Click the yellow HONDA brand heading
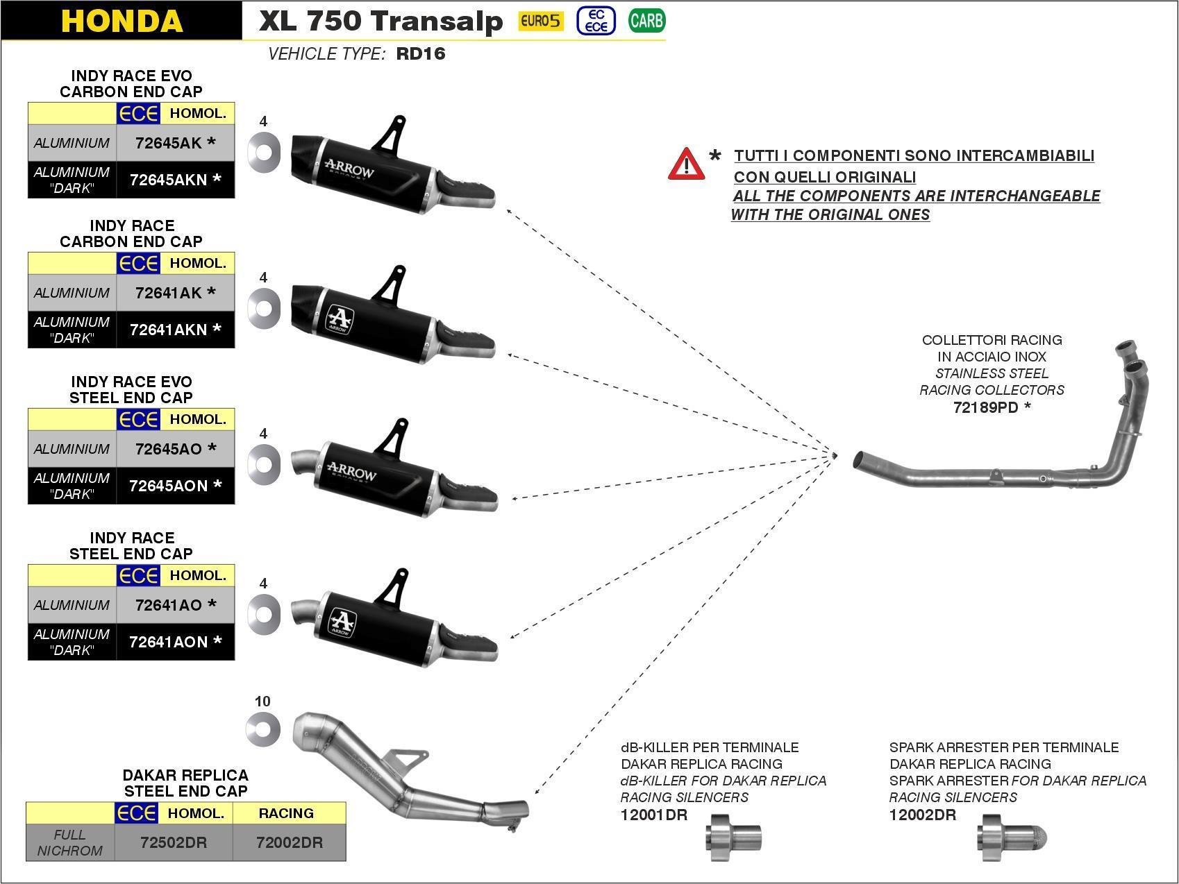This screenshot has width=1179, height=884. (122, 21)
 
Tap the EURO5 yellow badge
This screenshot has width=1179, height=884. (541, 21)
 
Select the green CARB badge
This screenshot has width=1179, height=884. (646, 21)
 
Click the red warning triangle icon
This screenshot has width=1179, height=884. (686, 164)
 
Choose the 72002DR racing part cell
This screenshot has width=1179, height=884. (289, 842)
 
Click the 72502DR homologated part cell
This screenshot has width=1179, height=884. (174, 842)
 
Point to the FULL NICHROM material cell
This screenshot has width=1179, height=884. (69, 842)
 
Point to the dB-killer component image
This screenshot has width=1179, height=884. (734, 838)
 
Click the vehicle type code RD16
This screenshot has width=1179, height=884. (420, 54)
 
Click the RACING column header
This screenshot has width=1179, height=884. (286, 813)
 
